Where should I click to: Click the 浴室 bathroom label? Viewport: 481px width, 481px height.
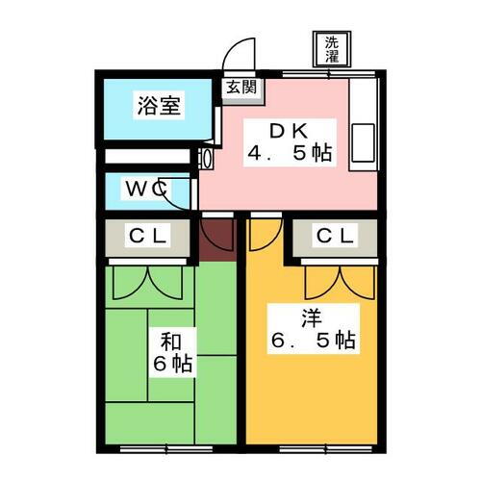pos(159,106)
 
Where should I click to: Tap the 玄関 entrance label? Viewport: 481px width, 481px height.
pos(241,87)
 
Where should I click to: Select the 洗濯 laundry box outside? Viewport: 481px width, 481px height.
pos(332,49)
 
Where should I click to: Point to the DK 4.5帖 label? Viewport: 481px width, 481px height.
pos(290,142)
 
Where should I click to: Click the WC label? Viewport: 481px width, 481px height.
pos(146,189)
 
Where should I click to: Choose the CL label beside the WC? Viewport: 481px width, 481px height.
pos(147,237)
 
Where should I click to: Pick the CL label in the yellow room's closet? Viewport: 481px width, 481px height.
pos(335,237)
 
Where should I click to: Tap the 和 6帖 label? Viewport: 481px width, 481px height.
pos(172,352)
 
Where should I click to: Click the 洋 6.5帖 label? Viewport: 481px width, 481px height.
pos(314,329)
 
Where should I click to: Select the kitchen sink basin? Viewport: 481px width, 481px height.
pos(363,143)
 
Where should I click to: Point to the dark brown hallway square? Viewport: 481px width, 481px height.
pos(218,240)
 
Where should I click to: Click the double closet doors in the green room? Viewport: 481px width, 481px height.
pos(147,283)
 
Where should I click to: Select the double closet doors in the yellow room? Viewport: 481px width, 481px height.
pos(340,283)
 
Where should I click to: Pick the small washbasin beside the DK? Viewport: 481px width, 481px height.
pos(206,159)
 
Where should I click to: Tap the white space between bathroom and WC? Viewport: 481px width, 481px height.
pos(147,156)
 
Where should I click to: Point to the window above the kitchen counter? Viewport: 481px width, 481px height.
pos(329,74)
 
